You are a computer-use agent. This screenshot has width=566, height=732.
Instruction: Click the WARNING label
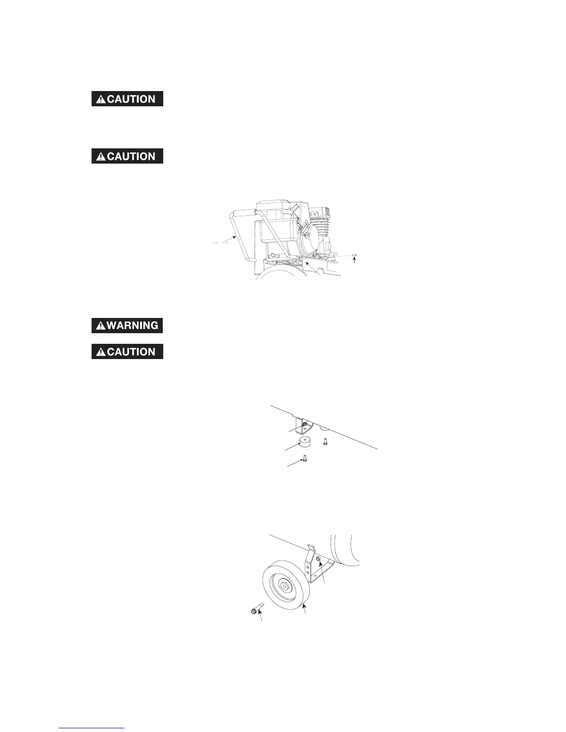[x=127, y=325]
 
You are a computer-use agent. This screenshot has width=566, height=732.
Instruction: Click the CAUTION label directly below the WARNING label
[x=127, y=352]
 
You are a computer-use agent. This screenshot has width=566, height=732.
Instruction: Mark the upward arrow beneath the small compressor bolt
[x=355, y=260]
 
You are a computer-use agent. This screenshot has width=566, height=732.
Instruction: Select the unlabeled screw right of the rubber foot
[x=325, y=442]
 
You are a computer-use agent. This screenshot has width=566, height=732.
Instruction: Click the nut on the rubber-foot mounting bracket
[x=305, y=423]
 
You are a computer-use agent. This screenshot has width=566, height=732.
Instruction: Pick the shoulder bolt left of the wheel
[x=255, y=610]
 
